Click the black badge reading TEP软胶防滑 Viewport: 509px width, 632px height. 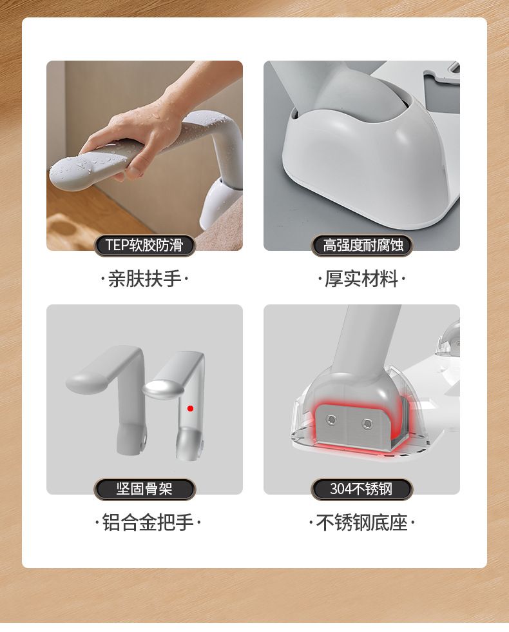(x=144, y=245)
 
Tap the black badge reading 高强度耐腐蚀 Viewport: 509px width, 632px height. (x=361, y=245)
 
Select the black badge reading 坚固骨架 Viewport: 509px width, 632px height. (x=144, y=489)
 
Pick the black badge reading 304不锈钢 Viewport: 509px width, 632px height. (x=361, y=489)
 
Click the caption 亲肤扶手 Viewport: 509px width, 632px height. (x=144, y=279)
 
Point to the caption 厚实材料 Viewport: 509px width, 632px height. (x=361, y=279)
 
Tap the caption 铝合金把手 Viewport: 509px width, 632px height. (x=148, y=522)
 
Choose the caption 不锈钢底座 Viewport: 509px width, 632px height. (x=361, y=522)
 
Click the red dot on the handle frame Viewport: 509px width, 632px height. (x=191, y=408)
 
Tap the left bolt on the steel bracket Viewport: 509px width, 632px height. (x=331, y=420)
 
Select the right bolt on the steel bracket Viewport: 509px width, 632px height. (x=367, y=424)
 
